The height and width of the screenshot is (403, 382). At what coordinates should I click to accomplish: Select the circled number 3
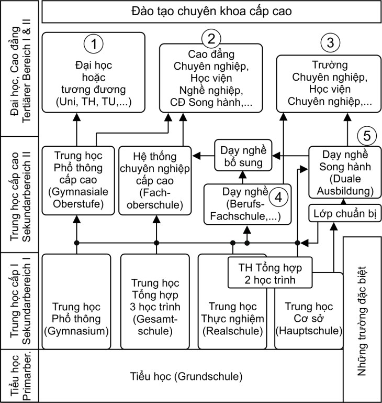point(329,43)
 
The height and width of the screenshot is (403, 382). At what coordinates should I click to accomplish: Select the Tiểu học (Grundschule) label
point(186,376)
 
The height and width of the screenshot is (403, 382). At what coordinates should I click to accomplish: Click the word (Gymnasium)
point(76,331)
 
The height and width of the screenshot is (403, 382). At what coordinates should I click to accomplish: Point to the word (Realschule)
point(232,331)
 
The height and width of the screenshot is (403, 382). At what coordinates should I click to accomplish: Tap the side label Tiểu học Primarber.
point(20,376)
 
